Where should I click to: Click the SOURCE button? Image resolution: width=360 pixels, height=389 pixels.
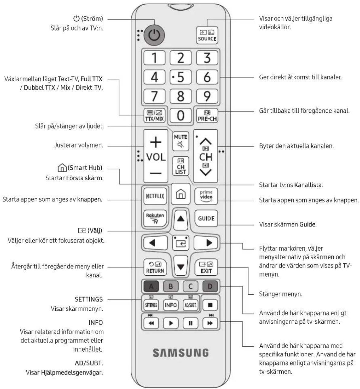tap(207, 35)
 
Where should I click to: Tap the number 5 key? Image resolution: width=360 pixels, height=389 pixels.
tap(181, 77)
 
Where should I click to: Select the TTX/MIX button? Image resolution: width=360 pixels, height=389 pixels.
tap(154, 116)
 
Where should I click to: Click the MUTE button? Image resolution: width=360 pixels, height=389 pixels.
tap(181, 141)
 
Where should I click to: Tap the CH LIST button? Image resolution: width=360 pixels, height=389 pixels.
tap(181, 166)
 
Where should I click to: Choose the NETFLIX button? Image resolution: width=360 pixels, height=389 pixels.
tap(155, 196)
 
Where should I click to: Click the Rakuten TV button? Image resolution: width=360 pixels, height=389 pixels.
tap(155, 219)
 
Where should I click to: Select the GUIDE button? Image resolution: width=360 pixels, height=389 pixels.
tap(206, 219)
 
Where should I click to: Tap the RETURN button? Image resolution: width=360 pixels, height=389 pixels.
tap(155, 267)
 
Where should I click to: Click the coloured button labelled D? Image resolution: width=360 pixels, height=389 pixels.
tap(210, 286)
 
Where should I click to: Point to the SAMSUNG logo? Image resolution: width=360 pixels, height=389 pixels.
tap(181, 353)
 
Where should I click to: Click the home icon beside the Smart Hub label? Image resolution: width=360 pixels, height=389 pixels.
tap(62, 168)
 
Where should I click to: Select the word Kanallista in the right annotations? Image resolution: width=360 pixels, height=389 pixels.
tap(308, 185)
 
